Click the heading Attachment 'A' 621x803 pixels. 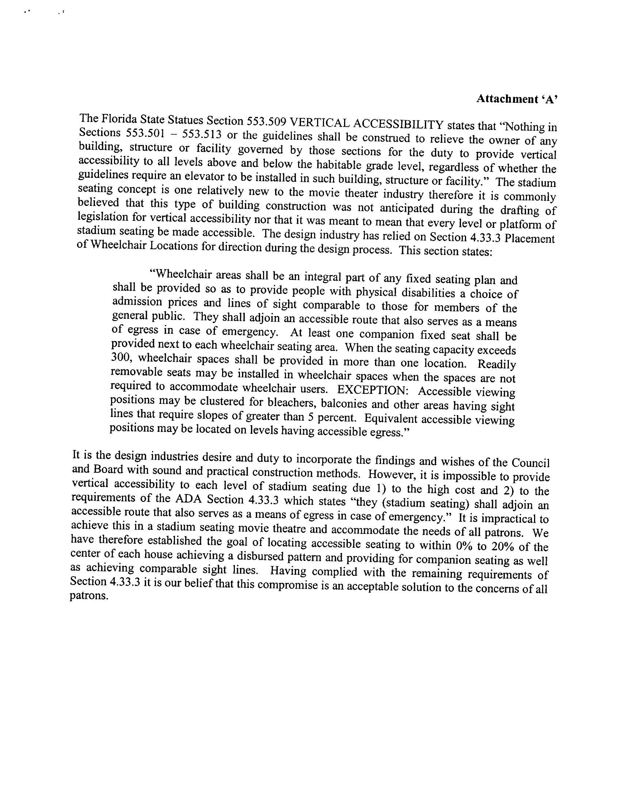[517, 99]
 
